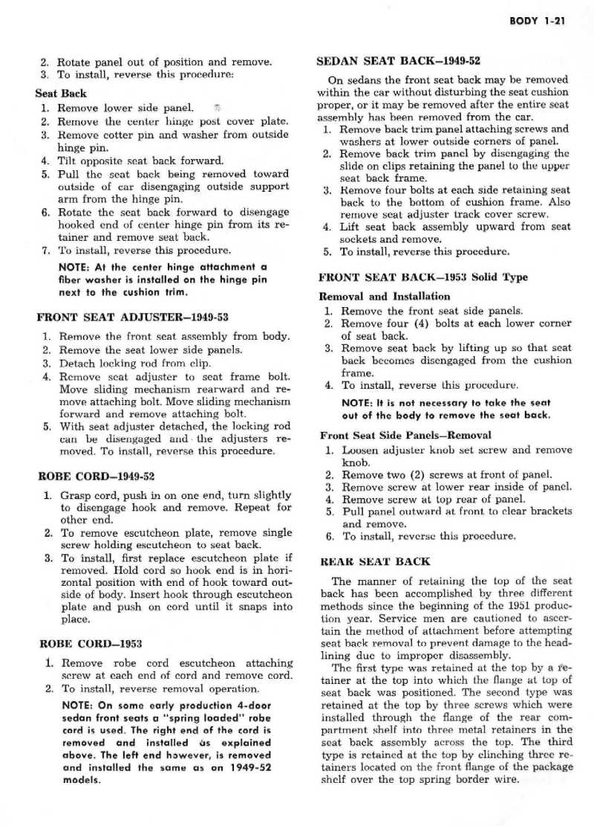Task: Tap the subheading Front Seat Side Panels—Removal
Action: [394, 435]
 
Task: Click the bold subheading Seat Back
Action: [61, 94]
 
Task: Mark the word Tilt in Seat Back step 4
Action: [68, 161]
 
